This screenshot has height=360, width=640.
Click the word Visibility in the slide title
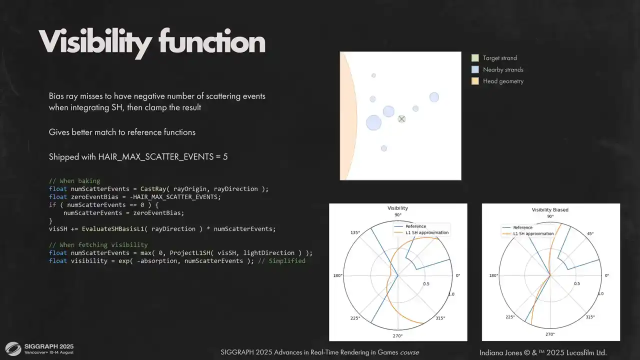coord(95,43)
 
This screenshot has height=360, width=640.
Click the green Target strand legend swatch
coord(475,58)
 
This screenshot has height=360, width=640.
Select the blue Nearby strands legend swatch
coord(475,69)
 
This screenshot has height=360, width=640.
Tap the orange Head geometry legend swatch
coord(475,81)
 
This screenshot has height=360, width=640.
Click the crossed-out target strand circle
coord(401,119)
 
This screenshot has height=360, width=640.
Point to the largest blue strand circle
coord(373,122)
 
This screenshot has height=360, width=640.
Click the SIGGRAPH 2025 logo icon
coord(13,349)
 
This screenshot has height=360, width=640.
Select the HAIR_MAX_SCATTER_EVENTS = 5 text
coord(163,157)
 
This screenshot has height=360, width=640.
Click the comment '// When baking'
coord(74,181)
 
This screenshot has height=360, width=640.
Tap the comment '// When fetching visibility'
coord(98,245)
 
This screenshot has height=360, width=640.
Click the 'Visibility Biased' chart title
coord(550,209)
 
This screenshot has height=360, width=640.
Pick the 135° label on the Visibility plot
coord(355,232)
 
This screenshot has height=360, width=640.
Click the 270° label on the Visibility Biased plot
coord(550,334)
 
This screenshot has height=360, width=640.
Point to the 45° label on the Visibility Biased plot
coord(590,233)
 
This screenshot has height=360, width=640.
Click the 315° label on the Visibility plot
coord(440,318)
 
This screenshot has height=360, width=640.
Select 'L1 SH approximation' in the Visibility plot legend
coord(427,232)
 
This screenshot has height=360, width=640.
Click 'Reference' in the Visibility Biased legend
coord(523,227)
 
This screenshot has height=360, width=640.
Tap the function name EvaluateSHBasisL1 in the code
coord(113,229)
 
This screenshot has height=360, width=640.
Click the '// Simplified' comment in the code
coord(281,261)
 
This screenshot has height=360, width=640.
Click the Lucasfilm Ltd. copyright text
coord(543,353)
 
